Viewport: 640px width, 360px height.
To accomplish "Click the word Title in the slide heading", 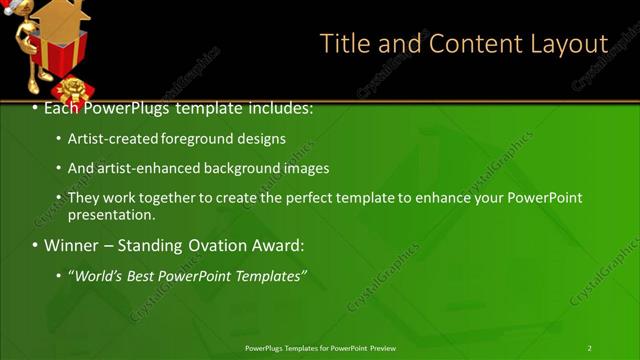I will pyautogui.click(x=343, y=44).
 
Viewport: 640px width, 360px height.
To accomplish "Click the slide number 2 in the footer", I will pyautogui.click(x=589, y=347).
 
